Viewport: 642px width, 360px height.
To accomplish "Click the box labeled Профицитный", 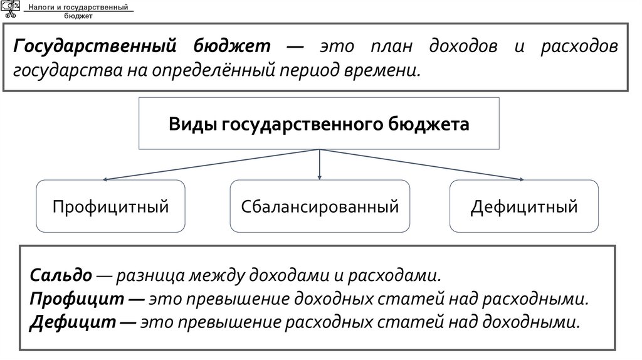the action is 111,206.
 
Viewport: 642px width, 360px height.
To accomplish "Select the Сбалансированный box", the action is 320,206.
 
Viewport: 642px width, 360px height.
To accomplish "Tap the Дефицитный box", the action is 524,206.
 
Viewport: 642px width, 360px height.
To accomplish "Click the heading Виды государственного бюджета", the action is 319,124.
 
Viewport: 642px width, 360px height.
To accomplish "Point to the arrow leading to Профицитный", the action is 213,165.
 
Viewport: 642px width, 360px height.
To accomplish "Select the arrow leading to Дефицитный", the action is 426,165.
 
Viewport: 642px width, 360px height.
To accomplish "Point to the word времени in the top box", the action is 381,70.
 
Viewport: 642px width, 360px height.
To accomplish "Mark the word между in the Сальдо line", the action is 222,275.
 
